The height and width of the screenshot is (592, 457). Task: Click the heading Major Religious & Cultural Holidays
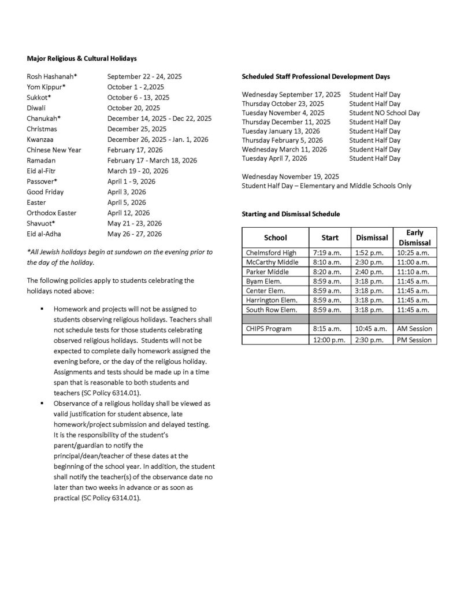tap(81, 58)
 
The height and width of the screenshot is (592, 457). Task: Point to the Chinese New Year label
tap(54, 150)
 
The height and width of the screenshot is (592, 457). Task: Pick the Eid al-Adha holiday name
tap(44, 234)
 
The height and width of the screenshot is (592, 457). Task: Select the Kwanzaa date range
tap(158, 139)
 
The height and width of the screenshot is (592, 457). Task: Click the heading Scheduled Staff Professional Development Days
tap(315, 76)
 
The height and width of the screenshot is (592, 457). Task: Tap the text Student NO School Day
tap(384, 113)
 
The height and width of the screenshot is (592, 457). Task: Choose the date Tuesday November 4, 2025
tap(283, 113)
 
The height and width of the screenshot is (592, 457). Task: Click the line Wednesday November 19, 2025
tap(291, 176)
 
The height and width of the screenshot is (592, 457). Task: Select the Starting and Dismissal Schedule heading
tap(291, 214)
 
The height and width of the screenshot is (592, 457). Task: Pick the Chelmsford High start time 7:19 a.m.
tap(327, 253)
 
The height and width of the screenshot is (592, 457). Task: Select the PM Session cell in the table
tap(414, 340)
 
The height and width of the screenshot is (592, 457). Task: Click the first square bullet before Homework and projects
tap(42, 309)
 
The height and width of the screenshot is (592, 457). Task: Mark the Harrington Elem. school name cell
tap(272, 300)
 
